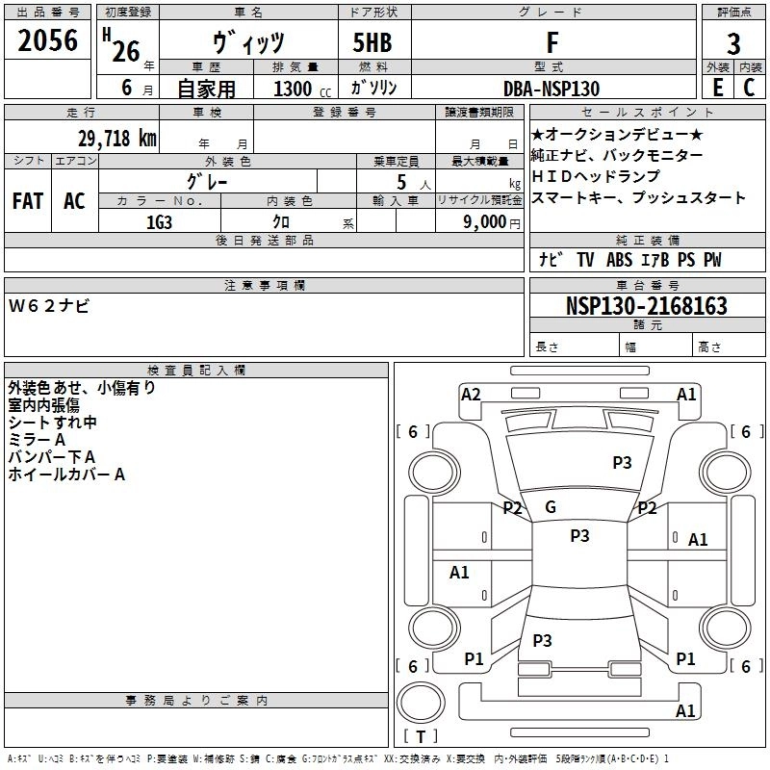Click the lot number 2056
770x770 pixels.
47,41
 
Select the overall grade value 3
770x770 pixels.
733,44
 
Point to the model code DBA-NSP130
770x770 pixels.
552,89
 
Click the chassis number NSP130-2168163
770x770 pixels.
646,306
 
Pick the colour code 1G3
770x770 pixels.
160,220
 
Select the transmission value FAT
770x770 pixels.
27,201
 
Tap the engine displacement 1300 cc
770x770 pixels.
294,89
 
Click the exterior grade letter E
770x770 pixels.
717,88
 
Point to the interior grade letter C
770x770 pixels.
749,88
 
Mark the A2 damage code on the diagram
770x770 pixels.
471,394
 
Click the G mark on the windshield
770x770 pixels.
551,507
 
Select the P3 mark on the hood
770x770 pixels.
622,463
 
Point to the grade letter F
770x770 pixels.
552,43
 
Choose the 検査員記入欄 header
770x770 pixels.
196,370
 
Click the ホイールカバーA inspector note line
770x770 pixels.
66,475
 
